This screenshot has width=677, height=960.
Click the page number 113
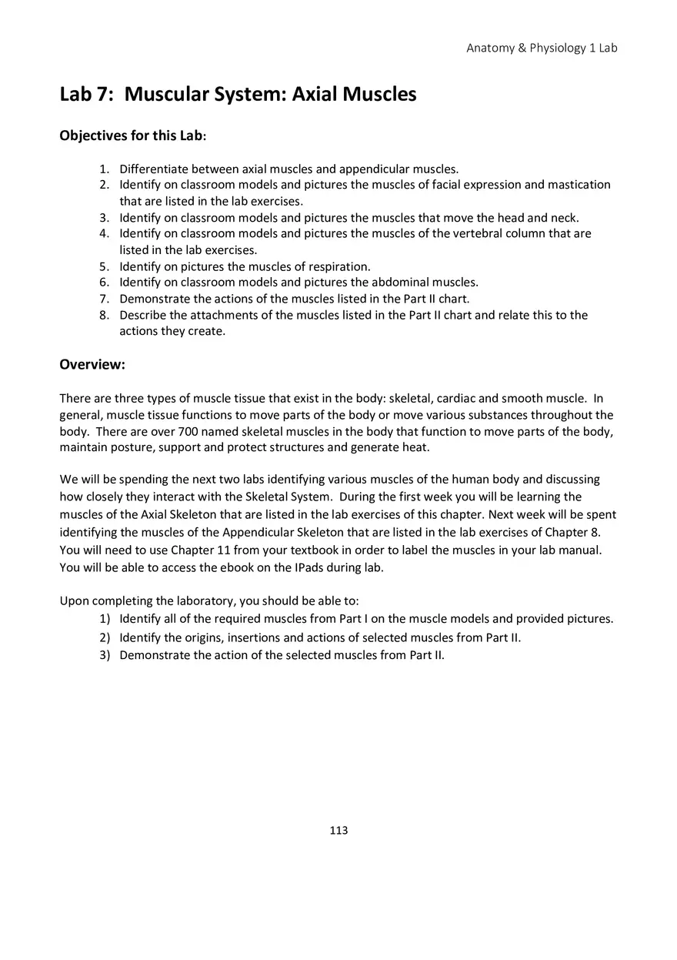(x=338, y=830)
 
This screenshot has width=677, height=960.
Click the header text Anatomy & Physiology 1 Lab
(x=542, y=48)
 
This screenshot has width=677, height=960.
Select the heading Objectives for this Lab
(x=132, y=135)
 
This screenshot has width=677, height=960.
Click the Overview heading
(x=92, y=364)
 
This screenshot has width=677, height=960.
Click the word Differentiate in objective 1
(x=154, y=169)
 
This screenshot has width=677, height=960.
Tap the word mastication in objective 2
(x=579, y=185)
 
